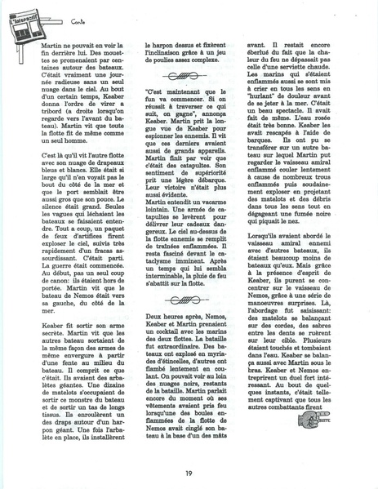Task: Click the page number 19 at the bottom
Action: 189,472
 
